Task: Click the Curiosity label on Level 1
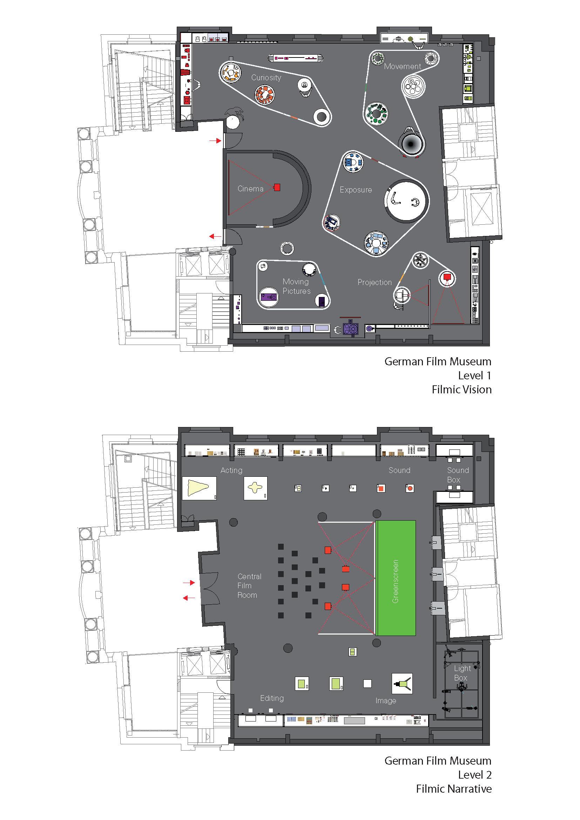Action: coord(266,77)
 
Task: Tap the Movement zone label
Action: coord(403,66)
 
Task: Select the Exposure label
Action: coord(356,190)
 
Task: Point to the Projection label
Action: coord(375,283)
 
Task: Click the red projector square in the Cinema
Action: coord(277,187)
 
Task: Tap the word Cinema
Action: coord(250,189)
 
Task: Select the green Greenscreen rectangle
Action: coord(395,578)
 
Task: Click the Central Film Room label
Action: coord(249,586)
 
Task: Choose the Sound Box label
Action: coord(458,475)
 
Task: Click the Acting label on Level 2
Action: coord(231,470)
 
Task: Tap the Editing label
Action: coord(272,698)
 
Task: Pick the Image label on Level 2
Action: coord(386,701)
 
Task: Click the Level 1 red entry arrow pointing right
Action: coord(215,141)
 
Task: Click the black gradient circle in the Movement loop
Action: coord(412,144)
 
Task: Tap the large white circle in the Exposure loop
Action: coord(406,201)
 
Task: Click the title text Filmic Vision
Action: coord(461,389)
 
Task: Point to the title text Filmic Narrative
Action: coord(453,788)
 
